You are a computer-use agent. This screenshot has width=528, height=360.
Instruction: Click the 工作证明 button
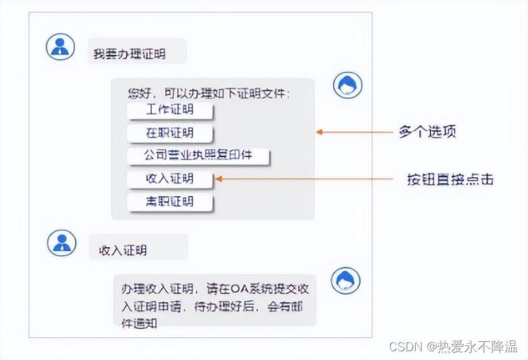(169, 110)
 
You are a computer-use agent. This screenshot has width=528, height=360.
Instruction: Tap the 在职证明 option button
(169, 133)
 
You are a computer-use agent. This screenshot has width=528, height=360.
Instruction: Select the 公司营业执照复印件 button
(197, 155)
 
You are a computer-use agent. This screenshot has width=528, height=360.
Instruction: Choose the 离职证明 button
(169, 201)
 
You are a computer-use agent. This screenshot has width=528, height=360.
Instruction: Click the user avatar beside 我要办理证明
(60, 46)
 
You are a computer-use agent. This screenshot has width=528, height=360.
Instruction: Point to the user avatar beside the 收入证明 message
(61, 242)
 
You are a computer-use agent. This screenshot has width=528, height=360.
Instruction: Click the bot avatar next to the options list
(347, 85)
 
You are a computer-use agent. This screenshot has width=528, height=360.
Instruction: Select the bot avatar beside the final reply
(347, 280)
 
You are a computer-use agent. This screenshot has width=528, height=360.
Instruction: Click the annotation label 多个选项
(427, 132)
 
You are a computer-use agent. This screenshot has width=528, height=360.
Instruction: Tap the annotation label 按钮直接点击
(450, 179)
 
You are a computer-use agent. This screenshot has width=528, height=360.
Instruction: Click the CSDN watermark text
(404, 347)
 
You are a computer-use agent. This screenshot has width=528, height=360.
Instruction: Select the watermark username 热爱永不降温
(478, 347)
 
